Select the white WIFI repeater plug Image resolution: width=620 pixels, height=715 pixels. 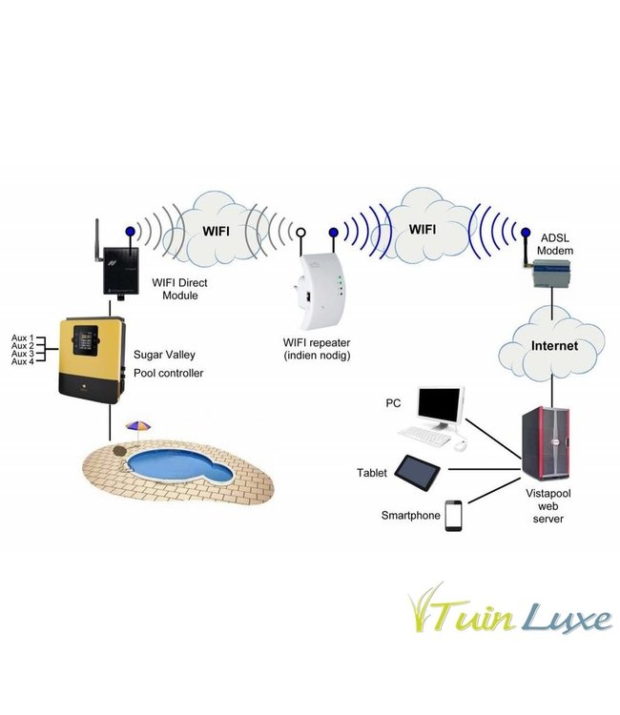320,282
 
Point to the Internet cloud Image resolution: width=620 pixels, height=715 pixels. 554,345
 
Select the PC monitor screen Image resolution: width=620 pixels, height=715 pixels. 440,407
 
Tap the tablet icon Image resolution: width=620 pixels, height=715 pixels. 420,470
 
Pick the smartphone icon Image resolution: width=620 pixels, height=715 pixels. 453,516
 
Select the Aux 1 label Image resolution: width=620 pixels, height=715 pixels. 22,338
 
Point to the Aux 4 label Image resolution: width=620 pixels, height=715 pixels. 22,362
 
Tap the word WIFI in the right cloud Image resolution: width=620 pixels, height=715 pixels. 422,230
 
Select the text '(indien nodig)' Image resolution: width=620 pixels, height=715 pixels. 317,356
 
